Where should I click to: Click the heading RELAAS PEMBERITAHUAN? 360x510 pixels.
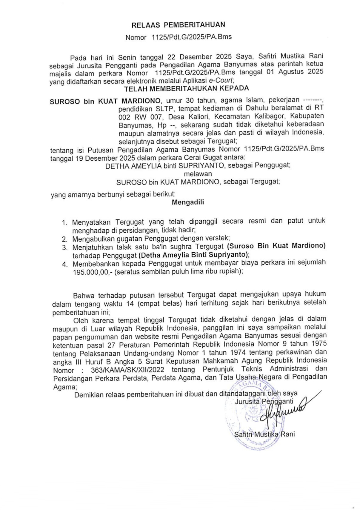[178, 25]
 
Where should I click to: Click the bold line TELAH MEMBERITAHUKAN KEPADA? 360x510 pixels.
[186, 89]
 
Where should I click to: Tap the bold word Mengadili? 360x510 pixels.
[188, 202]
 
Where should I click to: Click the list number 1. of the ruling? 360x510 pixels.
[65, 222]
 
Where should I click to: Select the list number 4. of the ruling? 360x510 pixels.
[65, 264]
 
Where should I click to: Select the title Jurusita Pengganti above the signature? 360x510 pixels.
[264, 402]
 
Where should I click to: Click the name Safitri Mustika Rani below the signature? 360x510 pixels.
[264, 434]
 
